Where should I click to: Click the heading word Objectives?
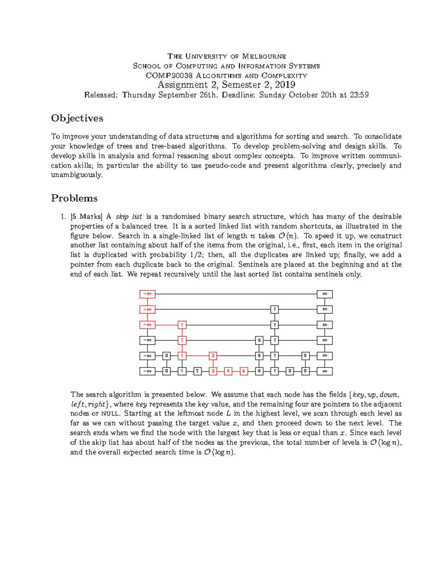[77, 118]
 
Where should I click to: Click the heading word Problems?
[74, 198]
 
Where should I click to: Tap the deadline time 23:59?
[359, 95]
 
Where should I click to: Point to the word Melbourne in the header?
[264, 56]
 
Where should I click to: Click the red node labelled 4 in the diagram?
[228, 371]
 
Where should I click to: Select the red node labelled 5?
[244, 371]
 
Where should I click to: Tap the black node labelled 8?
[290, 371]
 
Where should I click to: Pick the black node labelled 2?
[197, 371]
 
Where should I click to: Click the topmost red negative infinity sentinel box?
[147, 294]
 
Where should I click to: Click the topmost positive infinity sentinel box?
[324, 294]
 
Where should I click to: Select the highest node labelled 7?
[275, 310]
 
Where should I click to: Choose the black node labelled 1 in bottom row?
[182, 371]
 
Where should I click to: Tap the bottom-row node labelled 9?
[305, 371]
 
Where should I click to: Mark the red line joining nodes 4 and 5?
[236, 371]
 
